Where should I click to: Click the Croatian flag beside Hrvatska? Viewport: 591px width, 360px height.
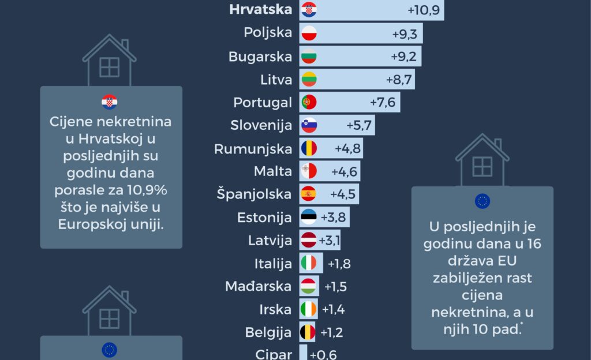click(309, 10)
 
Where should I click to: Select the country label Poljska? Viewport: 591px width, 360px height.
click(268, 32)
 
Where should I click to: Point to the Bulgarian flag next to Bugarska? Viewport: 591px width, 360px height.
click(309, 57)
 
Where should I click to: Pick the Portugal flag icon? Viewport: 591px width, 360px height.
click(309, 103)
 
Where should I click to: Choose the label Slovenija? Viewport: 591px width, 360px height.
click(261, 125)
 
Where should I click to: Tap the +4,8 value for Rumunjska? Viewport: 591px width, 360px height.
click(347, 149)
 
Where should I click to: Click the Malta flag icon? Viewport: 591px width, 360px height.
click(309, 171)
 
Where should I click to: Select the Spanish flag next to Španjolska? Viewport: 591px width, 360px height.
click(309, 194)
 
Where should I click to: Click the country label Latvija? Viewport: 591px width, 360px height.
click(270, 240)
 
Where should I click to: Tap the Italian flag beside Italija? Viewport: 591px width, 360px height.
click(309, 263)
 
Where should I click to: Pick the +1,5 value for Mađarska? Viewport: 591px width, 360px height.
click(335, 287)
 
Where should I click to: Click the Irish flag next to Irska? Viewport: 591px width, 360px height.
click(309, 309)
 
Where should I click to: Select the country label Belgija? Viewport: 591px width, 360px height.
click(268, 332)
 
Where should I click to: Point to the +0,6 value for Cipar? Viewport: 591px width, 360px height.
click(323, 355)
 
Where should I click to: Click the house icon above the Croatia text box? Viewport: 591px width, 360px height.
click(109, 61)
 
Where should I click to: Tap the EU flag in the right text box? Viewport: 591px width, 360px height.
click(482, 201)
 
